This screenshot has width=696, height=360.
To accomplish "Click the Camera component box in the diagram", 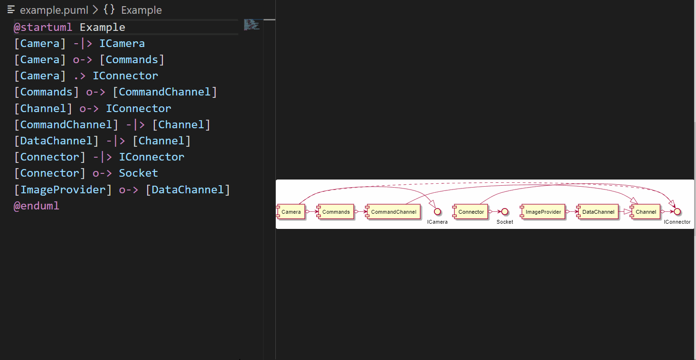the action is coord(291,212).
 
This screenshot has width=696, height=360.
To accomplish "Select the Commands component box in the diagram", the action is coord(336,212).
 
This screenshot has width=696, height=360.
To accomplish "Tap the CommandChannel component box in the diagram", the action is coord(393,212).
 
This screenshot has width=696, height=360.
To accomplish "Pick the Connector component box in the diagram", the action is coord(470,212).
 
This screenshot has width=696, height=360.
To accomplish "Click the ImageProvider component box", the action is coord(543,212).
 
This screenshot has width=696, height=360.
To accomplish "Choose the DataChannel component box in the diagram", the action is coord(598,212).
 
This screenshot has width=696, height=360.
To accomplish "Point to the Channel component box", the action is coord(646,212).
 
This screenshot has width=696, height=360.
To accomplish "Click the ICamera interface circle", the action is coord(438,212).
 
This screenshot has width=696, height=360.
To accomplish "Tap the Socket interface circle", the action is coord(505,212).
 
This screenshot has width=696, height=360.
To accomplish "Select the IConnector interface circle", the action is coord(677,212).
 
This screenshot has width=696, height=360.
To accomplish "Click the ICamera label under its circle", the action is coord(437,222).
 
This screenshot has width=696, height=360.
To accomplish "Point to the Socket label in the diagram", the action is coord(505,222).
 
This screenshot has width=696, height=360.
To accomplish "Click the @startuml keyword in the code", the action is coord(43,28).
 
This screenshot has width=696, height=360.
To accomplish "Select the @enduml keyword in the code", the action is coord(37,206).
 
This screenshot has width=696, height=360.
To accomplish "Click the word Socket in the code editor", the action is coord(138,173).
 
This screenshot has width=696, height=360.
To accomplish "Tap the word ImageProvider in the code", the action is coord(63,189).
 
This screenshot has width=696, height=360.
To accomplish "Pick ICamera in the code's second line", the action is coord(122,44).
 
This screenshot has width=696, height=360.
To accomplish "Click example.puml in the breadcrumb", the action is coord(54,10).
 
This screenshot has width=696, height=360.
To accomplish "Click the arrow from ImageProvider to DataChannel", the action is coord(571,212).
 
